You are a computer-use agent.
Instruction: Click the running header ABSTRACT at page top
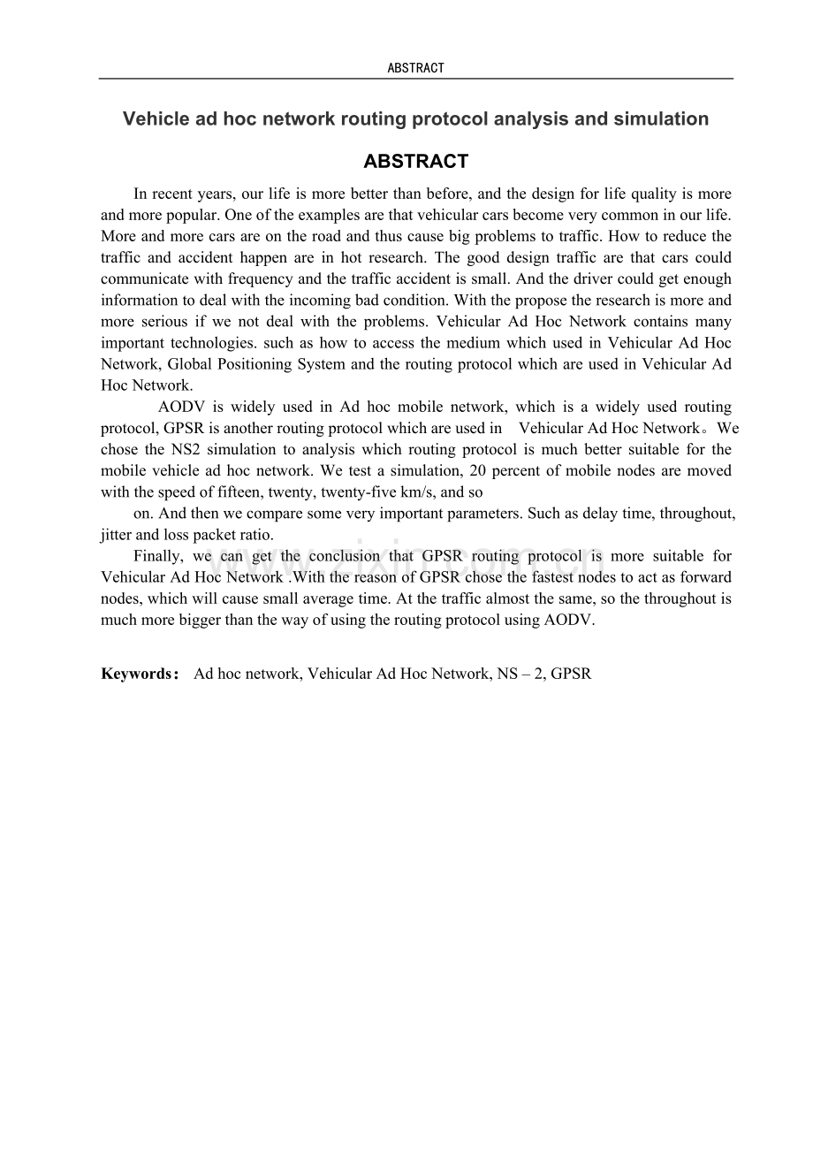(415, 68)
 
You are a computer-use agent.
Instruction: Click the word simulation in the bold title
(661, 118)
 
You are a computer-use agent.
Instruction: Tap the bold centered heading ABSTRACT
(415, 162)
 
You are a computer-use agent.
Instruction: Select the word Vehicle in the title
(151, 118)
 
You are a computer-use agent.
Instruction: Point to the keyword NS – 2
(513, 674)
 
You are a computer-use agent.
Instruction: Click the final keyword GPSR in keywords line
(571, 674)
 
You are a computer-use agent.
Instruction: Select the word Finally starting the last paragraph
(158, 556)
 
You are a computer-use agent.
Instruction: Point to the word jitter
(116, 535)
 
